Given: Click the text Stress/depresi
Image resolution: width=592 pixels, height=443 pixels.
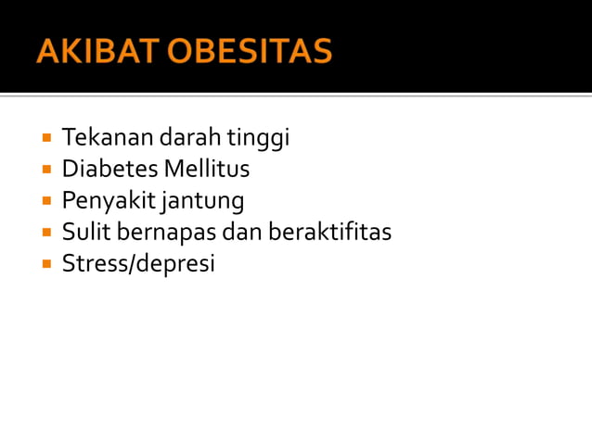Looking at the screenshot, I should (138, 264).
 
